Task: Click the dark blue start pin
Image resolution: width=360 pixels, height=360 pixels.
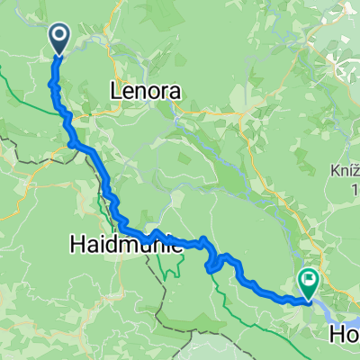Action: (x=59, y=37)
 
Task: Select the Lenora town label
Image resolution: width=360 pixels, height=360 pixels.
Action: (x=145, y=90)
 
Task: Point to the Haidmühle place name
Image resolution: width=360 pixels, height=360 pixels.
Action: (x=127, y=243)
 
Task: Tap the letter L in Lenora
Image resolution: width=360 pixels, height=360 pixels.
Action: (x=114, y=90)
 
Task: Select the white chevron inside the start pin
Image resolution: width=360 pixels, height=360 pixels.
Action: (x=59, y=35)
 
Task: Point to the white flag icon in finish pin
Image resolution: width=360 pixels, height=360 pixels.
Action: (x=309, y=281)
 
